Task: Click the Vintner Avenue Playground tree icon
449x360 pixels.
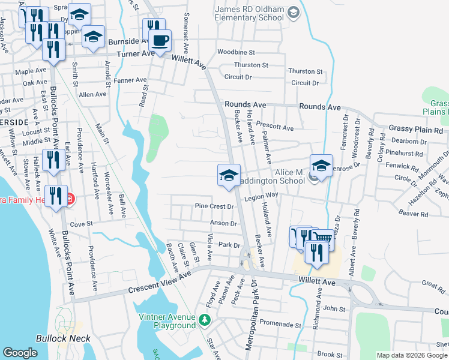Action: (205, 320)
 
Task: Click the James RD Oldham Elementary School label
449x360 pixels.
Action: (249, 13)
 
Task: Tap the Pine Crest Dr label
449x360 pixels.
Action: (214, 206)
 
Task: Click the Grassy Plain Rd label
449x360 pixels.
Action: (415, 129)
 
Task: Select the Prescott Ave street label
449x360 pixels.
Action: (274, 128)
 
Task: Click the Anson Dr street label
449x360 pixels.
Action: (223, 223)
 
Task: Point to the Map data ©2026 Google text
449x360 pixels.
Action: (412, 355)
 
